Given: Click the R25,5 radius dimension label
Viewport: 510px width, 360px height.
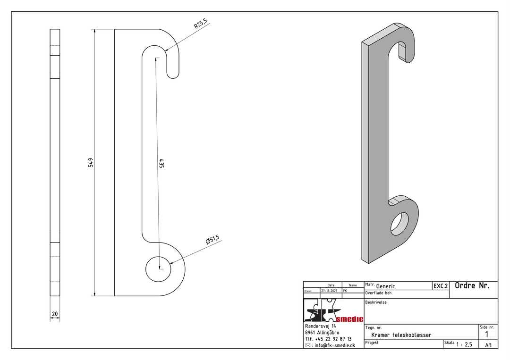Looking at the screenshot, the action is (x=200, y=24).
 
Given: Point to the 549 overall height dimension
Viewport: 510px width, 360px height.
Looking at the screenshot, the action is (x=91, y=162).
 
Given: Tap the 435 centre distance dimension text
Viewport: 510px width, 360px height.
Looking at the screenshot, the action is (x=161, y=163).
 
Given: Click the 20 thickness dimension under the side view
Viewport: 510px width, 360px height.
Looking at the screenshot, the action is (x=55, y=314).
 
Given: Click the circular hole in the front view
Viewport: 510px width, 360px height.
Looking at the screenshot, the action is (x=158, y=268).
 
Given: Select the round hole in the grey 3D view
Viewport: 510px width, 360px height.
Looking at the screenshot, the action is (x=400, y=224).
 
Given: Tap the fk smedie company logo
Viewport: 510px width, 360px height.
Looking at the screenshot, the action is (x=333, y=310).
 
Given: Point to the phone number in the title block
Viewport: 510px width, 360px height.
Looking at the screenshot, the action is (x=328, y=339).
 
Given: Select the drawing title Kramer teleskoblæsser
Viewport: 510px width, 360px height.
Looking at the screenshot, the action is (x=401, y=335).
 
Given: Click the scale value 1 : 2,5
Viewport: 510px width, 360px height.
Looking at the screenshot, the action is (x=464, y=344).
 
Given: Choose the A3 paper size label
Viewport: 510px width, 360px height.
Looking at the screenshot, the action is (x=488, y=345).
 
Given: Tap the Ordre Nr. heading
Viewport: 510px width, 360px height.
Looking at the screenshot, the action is (x=472, y=285).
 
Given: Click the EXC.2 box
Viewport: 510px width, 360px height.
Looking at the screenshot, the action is (x=441, y=286).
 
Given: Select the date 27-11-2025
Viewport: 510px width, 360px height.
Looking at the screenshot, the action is (x=329, y=291).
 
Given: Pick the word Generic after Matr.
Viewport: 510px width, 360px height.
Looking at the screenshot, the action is (x=385, y=286).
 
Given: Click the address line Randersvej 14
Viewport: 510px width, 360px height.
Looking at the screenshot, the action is (x=321, y=326).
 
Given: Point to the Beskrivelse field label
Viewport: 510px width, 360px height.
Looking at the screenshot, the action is (x=376, y=302).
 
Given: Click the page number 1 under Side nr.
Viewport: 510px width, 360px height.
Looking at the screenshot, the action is (x=487, y=335).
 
